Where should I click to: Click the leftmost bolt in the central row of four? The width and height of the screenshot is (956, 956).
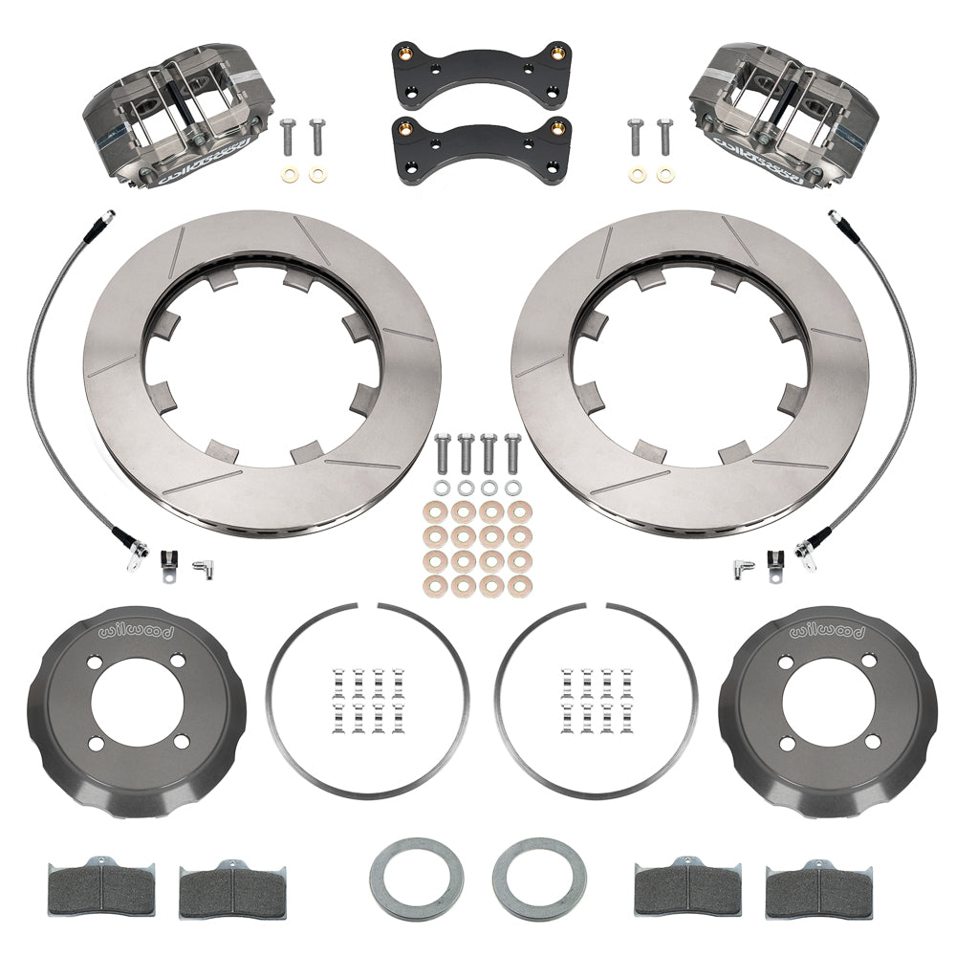[x=442, y=453]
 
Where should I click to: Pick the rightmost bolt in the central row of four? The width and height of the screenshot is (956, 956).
[x=513, y=453]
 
